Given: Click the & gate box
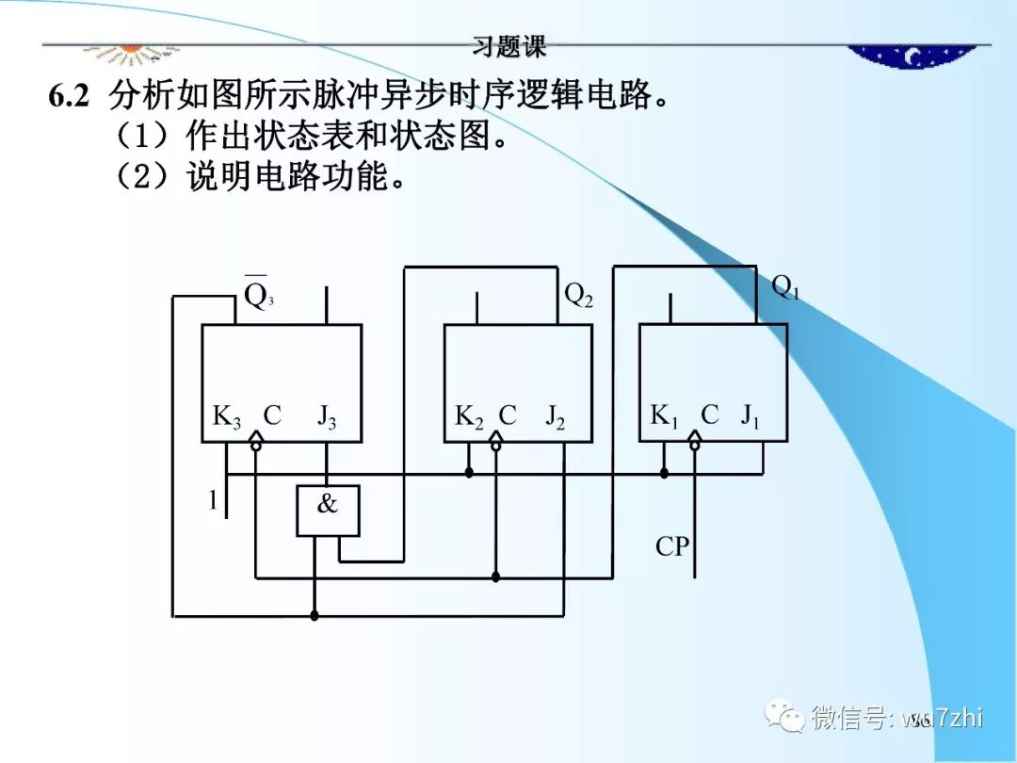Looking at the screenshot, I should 328,511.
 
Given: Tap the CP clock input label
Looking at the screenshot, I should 672,546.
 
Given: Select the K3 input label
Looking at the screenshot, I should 226,416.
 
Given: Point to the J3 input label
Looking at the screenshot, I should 326,416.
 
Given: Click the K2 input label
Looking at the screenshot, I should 469,416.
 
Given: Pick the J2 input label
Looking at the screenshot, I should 556,416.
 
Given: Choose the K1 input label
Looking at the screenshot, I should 664,415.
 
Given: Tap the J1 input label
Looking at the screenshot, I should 750,415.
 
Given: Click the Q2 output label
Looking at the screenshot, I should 578,295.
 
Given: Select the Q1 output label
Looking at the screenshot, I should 785,287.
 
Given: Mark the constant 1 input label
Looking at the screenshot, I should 213,501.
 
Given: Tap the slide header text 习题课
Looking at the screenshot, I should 508,45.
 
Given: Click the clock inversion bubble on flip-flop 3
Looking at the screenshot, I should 256,443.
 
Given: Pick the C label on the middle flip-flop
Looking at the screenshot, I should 508,415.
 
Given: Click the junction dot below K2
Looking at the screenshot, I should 469,473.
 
